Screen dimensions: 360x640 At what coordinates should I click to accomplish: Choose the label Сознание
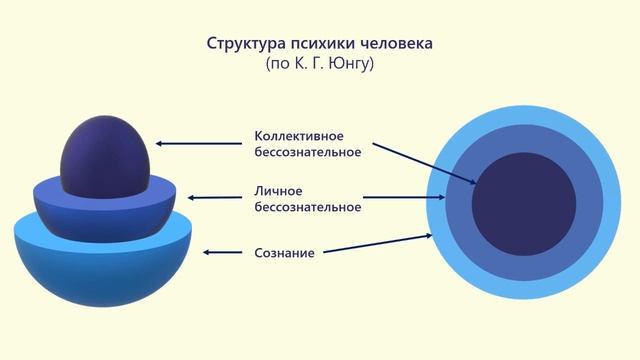pos(284,253)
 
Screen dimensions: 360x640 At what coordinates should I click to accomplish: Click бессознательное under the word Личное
pos(307,208)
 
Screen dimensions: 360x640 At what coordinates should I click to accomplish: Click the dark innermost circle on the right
pos(523,197)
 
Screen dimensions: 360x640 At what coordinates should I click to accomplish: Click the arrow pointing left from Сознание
pos(224,252)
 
